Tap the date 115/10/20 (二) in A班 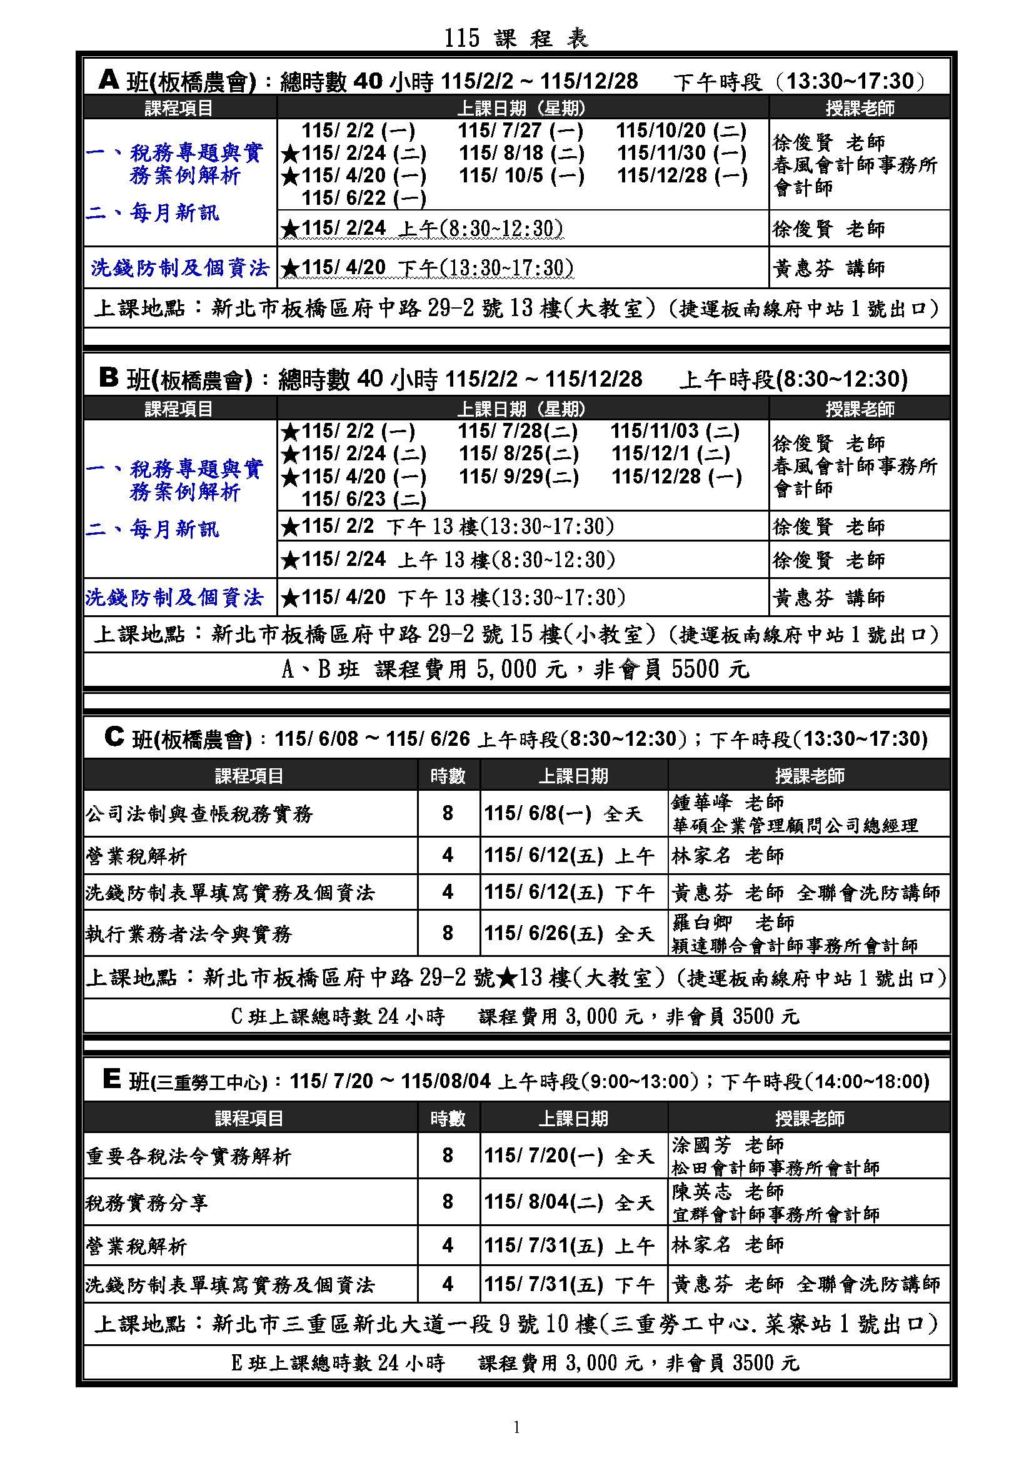coord(681,131)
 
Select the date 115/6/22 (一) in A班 coord(364,199)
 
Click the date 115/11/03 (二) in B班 coord(675,432)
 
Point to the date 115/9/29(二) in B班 coord(519,477)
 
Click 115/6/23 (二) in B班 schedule coord(364,500)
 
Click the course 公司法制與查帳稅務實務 coord(199,814)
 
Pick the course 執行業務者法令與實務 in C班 coord(188,933)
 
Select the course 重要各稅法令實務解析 coord(188,1156)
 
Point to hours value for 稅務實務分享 coord(448,1202)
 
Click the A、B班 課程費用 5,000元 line coord(516,670)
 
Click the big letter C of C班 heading coord(113,738)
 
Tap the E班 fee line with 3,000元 coord(516,1362)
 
